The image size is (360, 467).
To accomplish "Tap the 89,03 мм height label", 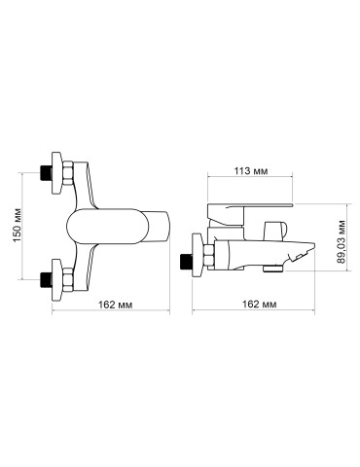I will pyautogui.click(x=341, y=239).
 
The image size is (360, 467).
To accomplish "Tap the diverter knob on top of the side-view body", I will pyautogui.click(x=275, y=226).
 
